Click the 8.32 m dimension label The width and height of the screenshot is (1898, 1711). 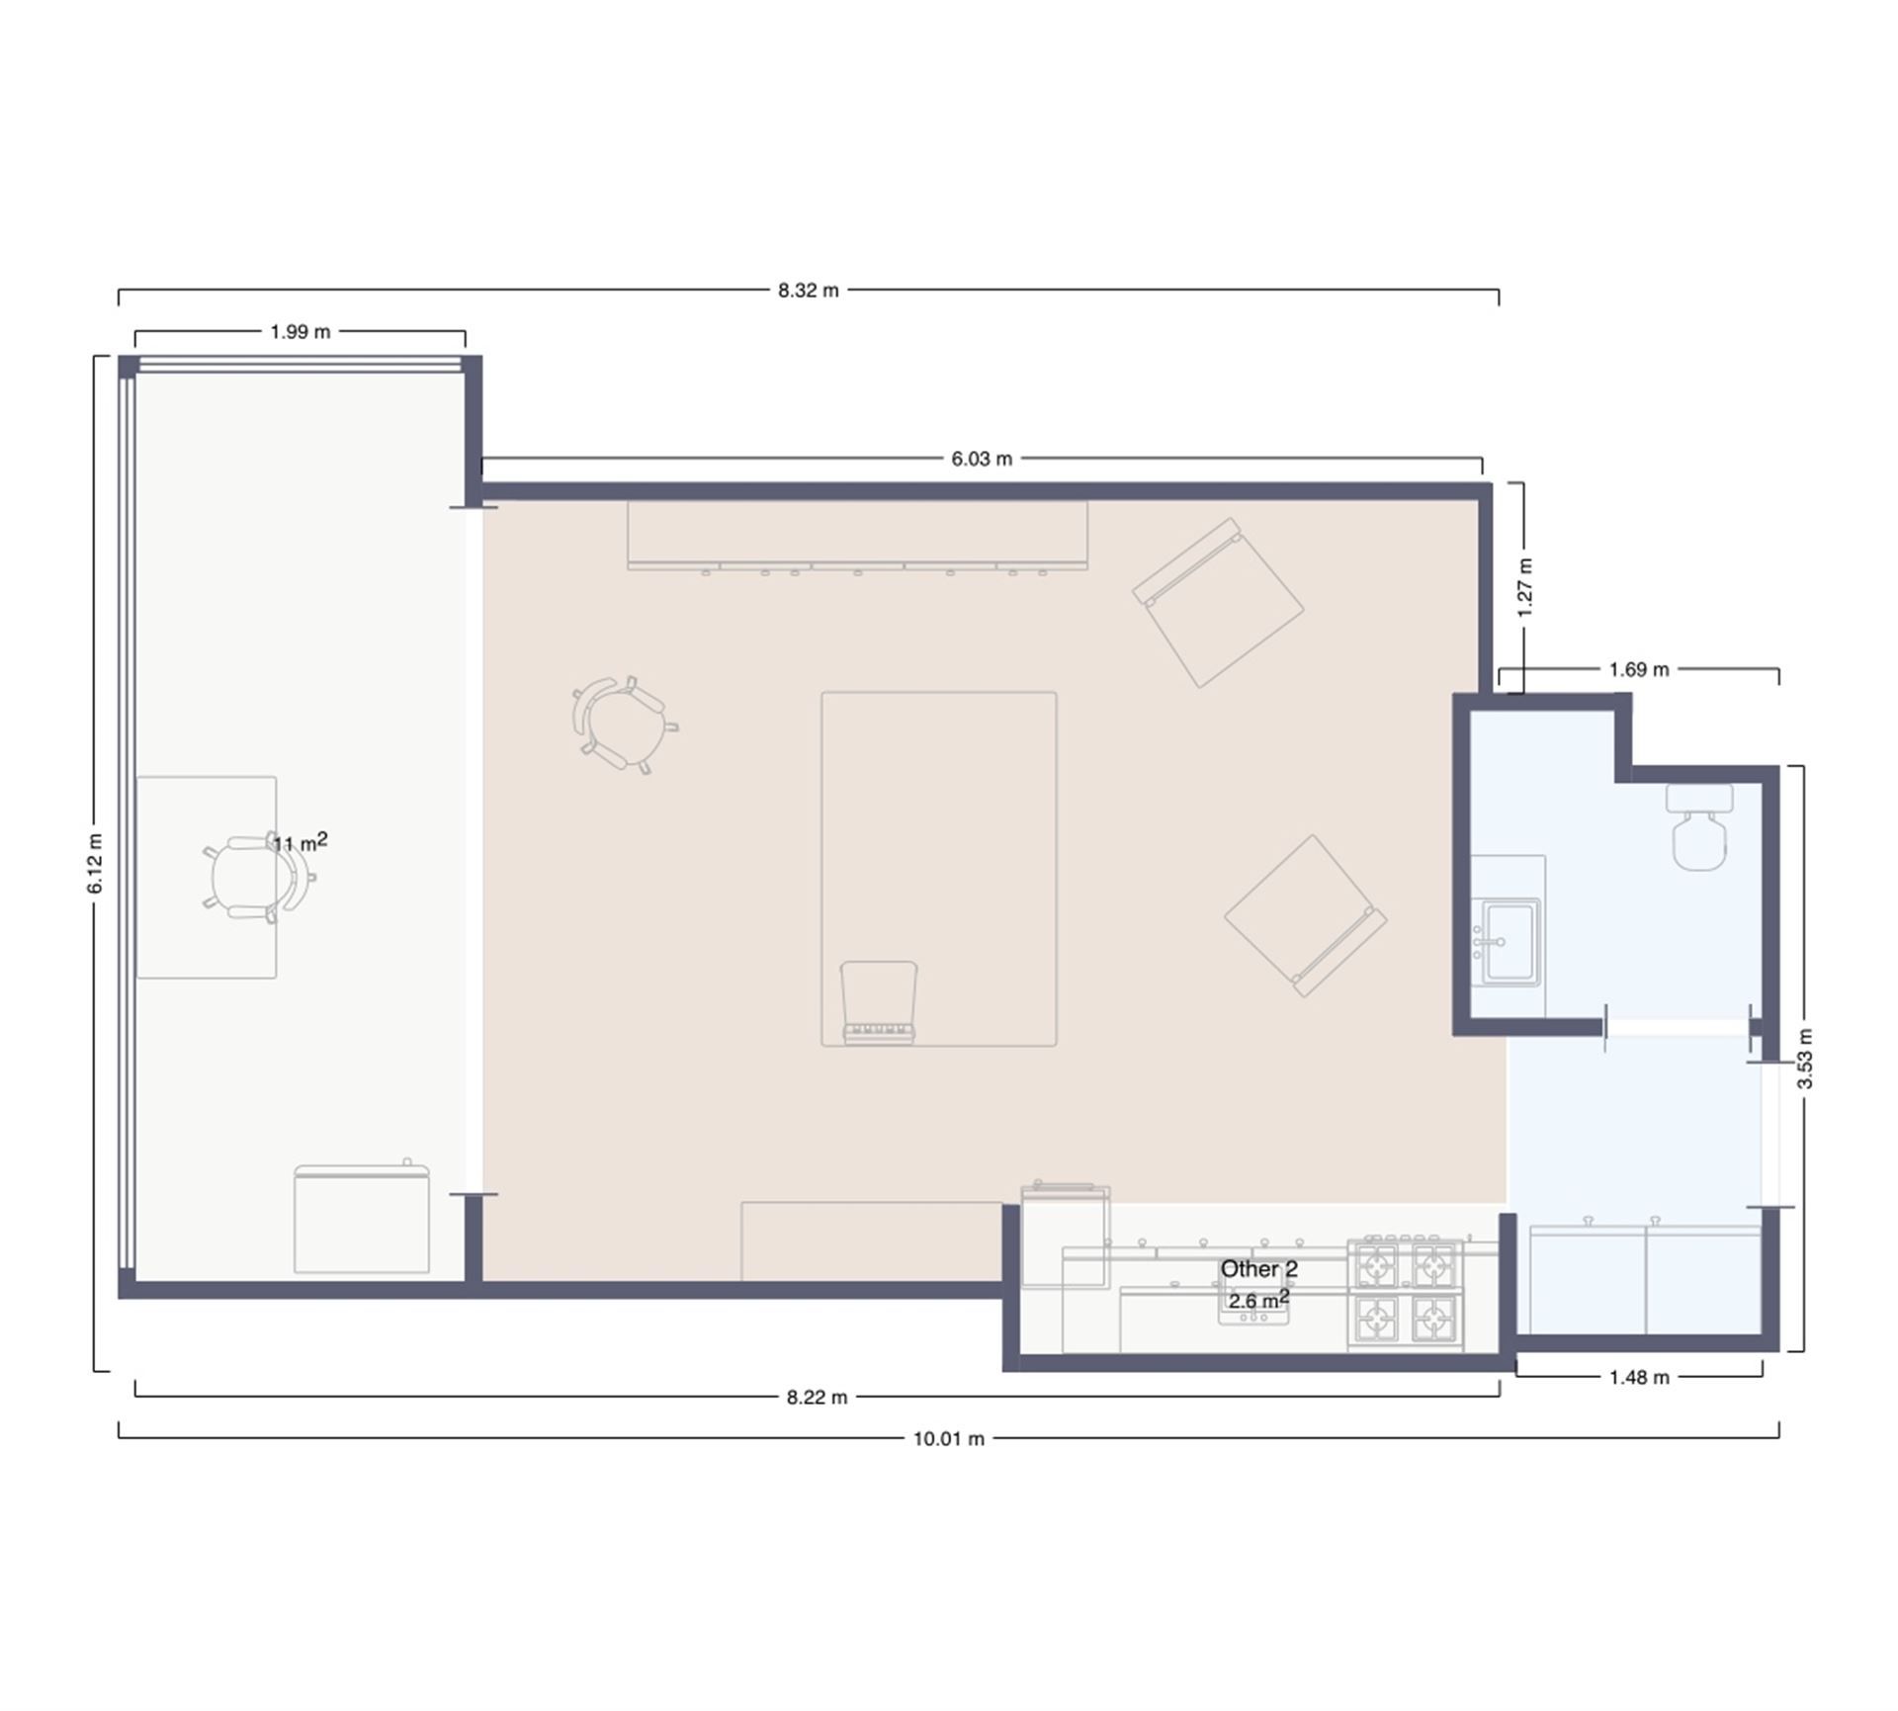(808, 291)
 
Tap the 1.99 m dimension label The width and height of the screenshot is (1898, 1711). (301, 332)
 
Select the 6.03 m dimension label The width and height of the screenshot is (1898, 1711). (982, 459)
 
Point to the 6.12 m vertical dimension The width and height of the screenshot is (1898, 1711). (95, 863)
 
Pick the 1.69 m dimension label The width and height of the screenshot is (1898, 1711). (1639, 669)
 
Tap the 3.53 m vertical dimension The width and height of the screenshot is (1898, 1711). (1804, 1059)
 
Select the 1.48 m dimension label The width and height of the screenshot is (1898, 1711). (1639, 1377)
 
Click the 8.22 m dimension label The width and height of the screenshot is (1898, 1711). (817, 1398)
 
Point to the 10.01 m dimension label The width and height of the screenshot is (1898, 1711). (949, 1439)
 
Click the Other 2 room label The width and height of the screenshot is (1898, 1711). (1258, 1269)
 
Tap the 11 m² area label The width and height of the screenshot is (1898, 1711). (301, 842)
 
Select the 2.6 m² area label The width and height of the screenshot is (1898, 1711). (1258, 1300)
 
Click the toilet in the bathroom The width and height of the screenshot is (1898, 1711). (1700, 826)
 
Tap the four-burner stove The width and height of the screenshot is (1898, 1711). (1405, 1291)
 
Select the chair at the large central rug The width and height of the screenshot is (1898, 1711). (879, 1002)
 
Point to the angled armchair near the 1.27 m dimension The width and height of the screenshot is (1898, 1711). (1218, 603)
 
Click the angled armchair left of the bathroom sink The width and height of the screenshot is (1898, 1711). (1306, 916)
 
